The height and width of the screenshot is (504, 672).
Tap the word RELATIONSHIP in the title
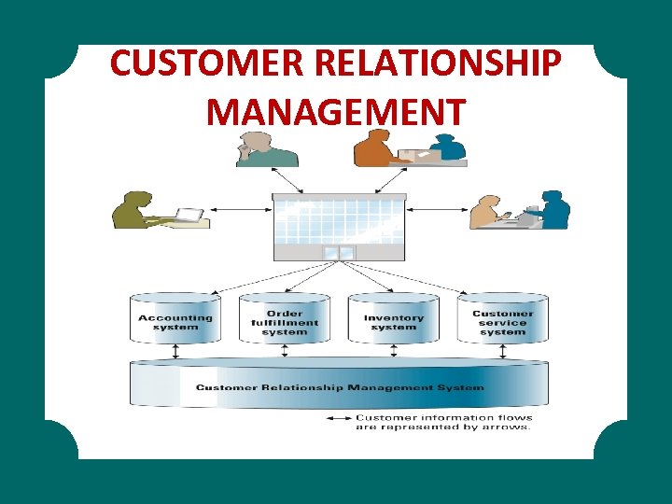click(437, 64)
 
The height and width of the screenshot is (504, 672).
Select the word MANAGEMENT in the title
click(335, 112)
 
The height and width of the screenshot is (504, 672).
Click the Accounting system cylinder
click(175, 319)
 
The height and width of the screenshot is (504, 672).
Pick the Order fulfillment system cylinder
click(285, 320)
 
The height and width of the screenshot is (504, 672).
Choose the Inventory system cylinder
click(393, 320)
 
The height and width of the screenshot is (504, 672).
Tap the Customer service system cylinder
click(503, 320)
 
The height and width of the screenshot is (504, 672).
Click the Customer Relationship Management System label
click(340, 387)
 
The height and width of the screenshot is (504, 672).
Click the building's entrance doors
click(340, 253)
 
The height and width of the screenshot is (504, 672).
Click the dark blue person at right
click(555, 210)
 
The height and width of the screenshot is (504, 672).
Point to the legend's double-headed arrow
click(337, 418)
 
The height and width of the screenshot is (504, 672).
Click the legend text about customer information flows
click(443, 423)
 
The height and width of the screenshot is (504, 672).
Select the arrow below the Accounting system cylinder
click(175, 352)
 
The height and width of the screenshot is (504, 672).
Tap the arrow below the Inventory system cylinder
click(393, 352)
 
